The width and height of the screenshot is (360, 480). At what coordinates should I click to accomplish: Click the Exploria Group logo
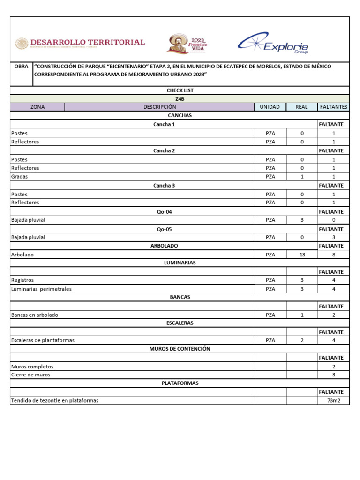(x=273, y=44)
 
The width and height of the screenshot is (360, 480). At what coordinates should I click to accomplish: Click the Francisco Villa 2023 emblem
(x=187, y=44)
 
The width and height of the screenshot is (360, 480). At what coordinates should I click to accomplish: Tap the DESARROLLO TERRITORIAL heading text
(x=87, y=42)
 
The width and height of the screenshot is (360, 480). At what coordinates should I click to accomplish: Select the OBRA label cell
(x=22, y=67)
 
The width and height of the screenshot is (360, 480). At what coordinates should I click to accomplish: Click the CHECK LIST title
(x=180, y=90)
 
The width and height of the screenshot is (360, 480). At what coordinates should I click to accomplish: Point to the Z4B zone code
(x=180, y=99)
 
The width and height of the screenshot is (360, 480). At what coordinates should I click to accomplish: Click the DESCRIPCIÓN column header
(x=159, y=107)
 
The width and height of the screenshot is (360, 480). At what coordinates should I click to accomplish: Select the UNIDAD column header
(x=270, y=107)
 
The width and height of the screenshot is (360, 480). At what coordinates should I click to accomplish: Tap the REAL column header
(x=302, y=107)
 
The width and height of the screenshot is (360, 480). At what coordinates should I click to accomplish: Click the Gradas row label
(x=19, y=177)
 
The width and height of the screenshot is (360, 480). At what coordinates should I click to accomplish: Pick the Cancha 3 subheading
(x=164, y=186)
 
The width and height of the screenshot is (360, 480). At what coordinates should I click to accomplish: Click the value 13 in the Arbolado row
(x=302, y=255)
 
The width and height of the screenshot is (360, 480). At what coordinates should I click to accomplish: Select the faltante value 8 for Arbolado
(x=333, y=255)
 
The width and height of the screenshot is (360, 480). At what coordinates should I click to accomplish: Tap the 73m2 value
(x=333, y=401)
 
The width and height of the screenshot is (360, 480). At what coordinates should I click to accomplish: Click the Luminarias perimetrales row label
(x=41, y=289)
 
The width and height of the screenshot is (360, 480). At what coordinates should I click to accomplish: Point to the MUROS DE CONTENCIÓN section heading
(x=180, y=349)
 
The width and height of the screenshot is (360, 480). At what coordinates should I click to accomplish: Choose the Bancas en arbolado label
(x=35, y=315)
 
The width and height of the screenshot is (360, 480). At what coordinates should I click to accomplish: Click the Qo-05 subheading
(x=164, y=229)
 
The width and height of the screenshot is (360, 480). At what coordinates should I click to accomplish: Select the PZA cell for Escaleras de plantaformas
(x=270, y=340)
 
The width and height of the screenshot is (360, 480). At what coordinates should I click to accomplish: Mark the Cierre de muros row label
(x=30, y=375)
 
